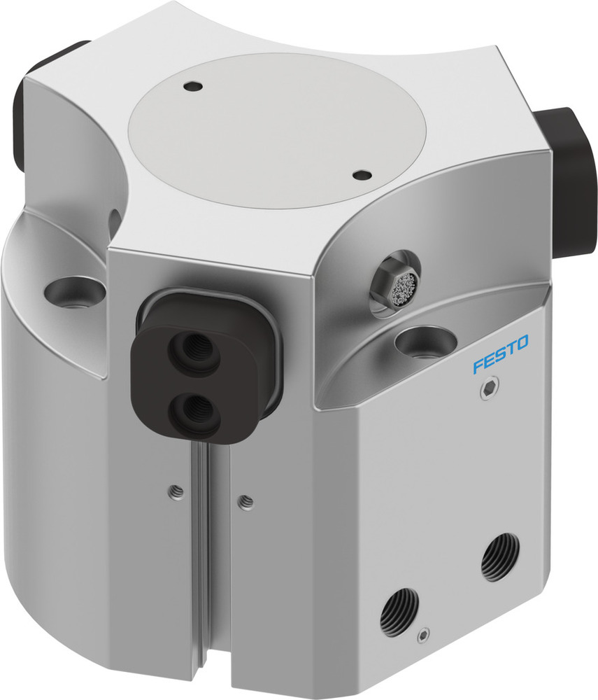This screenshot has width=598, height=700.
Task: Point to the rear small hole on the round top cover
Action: (194, 87)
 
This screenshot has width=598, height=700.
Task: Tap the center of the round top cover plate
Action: (278, 129)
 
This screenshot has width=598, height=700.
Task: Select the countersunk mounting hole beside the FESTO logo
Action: (421, 342)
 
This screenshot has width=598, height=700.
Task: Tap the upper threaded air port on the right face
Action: (497, 556)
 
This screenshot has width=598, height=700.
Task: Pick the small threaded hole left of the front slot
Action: (176, 493)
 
